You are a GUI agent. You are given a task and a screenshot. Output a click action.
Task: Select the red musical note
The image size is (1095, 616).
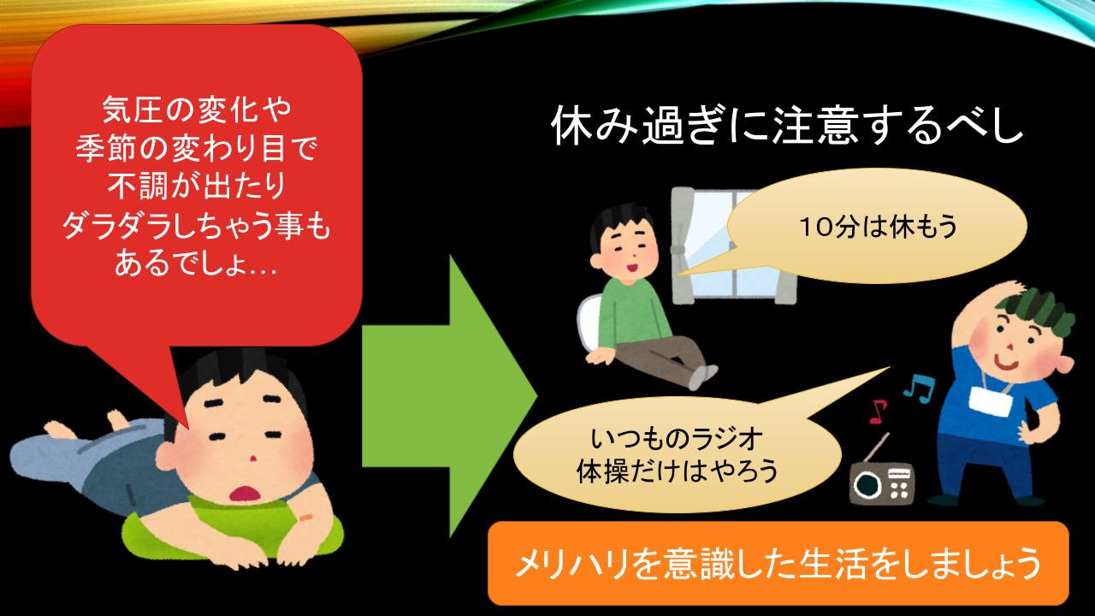coord(878,412)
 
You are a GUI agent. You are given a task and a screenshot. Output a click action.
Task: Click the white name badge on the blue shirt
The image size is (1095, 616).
coord(990,401)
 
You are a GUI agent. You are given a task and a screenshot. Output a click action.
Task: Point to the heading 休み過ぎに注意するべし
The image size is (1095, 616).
coord(786,125)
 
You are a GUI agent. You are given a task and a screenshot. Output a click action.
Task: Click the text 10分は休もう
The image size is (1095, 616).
coord(878,227)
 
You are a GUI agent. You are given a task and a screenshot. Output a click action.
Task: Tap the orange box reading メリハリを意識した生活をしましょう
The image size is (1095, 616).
coord(778,563)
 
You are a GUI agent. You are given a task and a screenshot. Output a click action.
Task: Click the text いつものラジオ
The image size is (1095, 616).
coord(677,438)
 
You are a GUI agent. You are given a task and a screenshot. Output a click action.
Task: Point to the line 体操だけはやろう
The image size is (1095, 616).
coord(677,471)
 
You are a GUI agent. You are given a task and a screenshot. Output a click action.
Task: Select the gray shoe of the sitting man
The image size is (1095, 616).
coord(704,376)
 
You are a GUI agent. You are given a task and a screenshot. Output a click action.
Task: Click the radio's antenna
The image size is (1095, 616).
coord(875,447)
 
